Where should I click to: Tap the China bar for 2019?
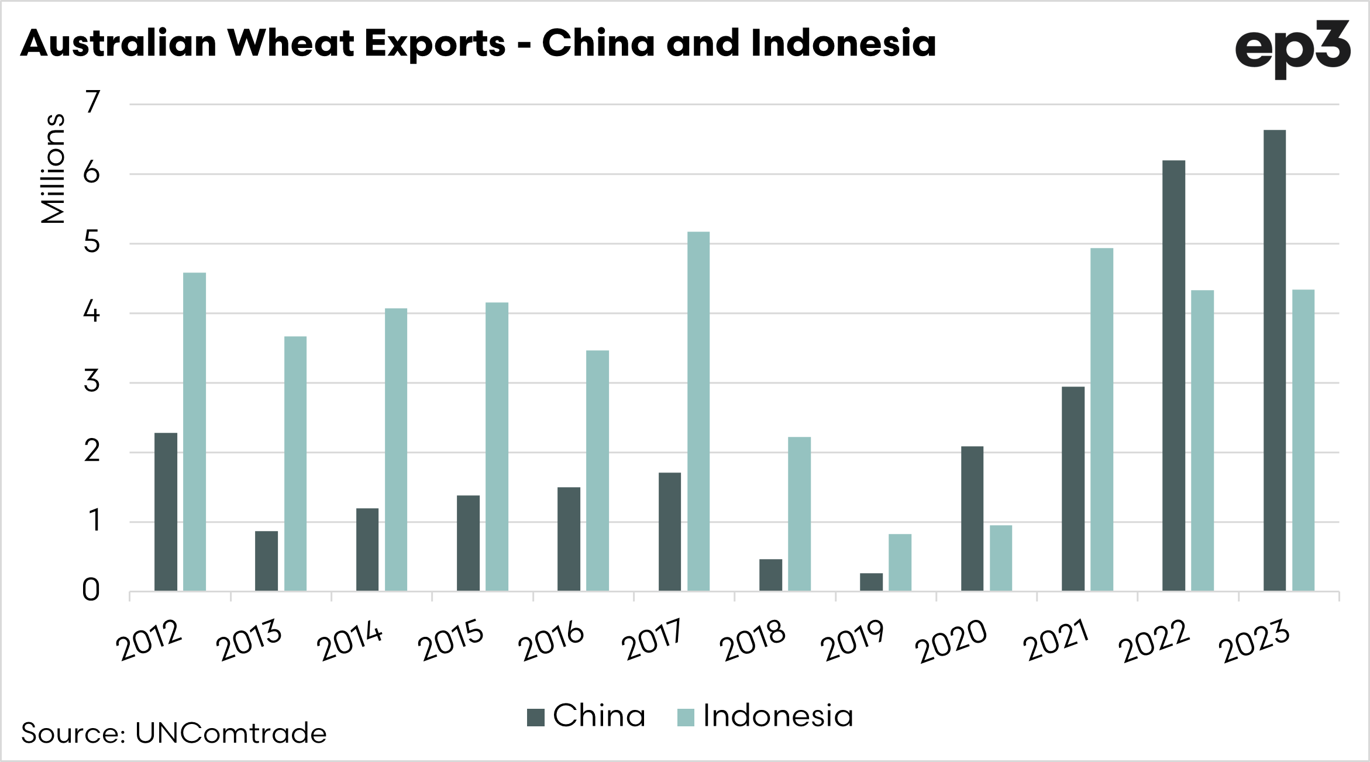pos(871,582)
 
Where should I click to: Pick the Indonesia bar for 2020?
pos(1001,558)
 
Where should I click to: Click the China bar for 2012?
pos(166,512)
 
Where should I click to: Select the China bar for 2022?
pos(1173,375)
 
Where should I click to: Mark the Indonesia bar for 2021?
pos(1102,419)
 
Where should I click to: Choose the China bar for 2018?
pos(770,575)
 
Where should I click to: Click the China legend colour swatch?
pos(535,717)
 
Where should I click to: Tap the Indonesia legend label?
pos(778,716)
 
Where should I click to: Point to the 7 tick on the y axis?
pos(92,103)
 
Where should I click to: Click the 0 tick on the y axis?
pos(91,591)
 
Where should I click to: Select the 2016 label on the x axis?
pos(551,641)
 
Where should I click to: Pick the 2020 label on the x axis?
pos(951,641)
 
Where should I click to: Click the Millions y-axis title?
pos(53,168)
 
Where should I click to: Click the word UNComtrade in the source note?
pos(230,733)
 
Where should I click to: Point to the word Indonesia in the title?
pos(843,44)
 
